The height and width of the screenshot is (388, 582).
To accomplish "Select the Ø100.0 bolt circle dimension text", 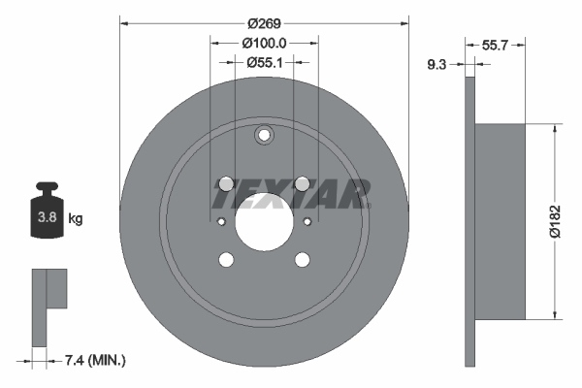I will (x=264, y=43).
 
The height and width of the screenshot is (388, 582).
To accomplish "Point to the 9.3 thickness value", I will (x=436, y=66).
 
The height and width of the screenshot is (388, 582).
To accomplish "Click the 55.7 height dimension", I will (x=496, y=45).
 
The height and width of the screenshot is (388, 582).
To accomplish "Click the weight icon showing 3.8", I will (x=46, y=211).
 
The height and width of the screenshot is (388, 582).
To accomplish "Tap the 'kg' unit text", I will (x=76, y=219).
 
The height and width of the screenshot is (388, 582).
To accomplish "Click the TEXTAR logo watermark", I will (x=291, y=194).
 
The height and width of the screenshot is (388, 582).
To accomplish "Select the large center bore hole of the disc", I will (x=264, y=221).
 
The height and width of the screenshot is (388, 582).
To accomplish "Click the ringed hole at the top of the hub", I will (x=264, y=137).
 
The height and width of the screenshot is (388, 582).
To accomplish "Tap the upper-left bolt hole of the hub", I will (x=226, y=183).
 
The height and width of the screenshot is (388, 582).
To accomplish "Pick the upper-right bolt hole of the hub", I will (x=302, y=183).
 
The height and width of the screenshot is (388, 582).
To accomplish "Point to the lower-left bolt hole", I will (x=226, y=259).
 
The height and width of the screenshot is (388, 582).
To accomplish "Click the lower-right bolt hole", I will (x=302, y=259).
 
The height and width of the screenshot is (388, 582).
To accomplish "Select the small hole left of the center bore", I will (x=221, y=222).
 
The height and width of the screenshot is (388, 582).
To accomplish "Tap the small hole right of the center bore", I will (x=307, y=222).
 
